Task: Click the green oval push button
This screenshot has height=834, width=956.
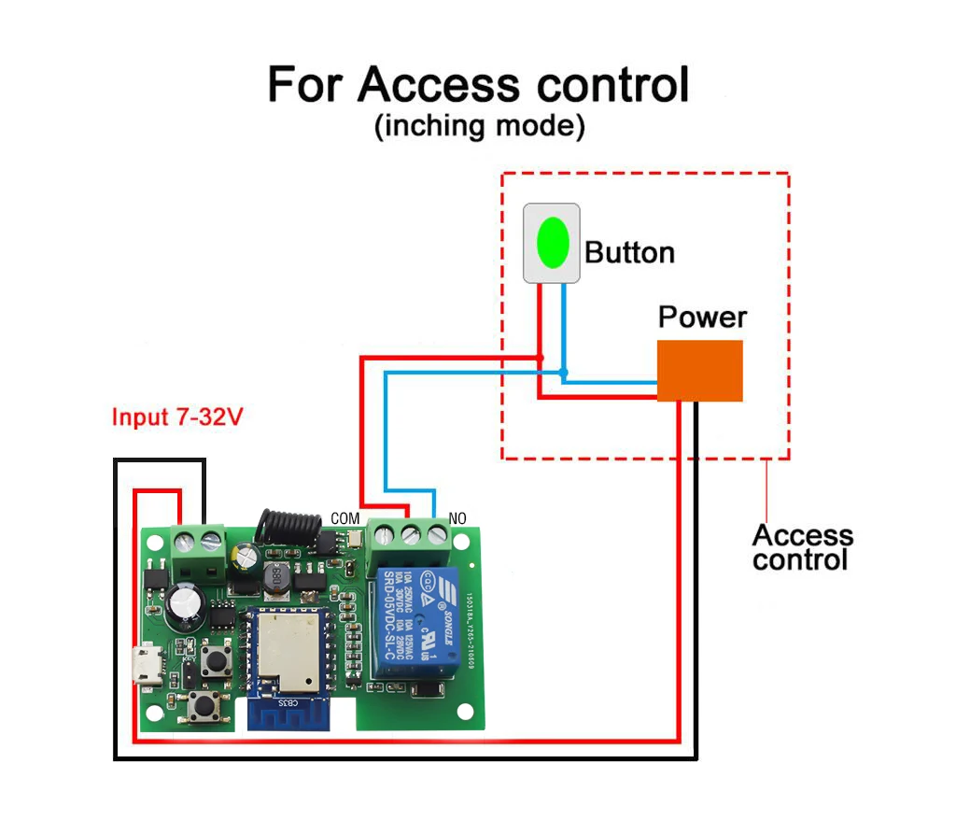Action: (x=552, y=242)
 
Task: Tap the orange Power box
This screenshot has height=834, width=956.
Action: (x=699, y=371)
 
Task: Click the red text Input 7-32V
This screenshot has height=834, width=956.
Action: (x=177, y=417)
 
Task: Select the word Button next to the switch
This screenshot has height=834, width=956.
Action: (x=629, y=252)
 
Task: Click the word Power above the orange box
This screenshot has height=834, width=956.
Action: (x=702, y=317)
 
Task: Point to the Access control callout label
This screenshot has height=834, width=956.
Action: (x=802, y=547)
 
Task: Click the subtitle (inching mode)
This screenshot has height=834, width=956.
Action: (x=479, y=126)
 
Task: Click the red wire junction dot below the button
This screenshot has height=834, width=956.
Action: (x=540, y=359)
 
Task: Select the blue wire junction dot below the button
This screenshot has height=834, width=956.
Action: (x=563, y=374)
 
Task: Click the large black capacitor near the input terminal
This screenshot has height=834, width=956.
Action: (x=186, y=607)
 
